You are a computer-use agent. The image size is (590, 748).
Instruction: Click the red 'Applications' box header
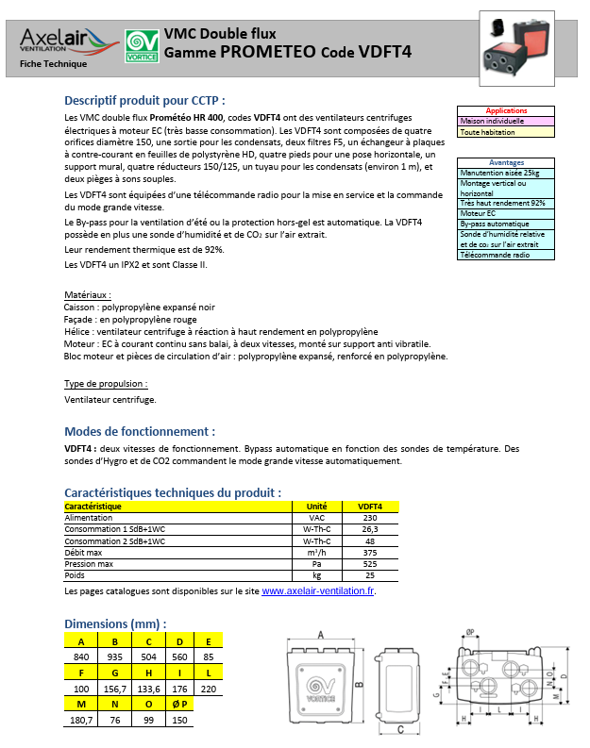coord(506,111)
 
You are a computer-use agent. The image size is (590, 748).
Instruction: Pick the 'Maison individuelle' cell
coord(506,122)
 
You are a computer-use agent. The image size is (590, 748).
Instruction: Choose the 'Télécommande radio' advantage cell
coord(506,256)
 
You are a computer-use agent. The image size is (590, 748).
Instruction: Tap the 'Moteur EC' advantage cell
coord(506,214)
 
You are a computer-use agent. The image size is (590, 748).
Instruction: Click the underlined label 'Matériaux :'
coord(88,295)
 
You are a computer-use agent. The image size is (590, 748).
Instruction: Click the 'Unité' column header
coord(317,507)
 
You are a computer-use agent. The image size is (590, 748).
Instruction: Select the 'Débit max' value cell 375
coord(370,553)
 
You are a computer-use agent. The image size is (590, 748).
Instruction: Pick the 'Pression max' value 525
coord(370,564)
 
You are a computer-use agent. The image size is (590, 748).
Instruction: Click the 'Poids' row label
coord(75,575)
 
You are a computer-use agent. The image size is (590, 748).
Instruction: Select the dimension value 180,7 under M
coord(81,720)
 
